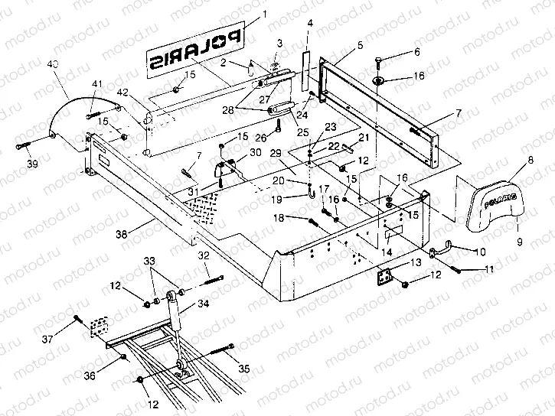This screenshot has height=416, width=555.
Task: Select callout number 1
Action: tap(264, 13)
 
